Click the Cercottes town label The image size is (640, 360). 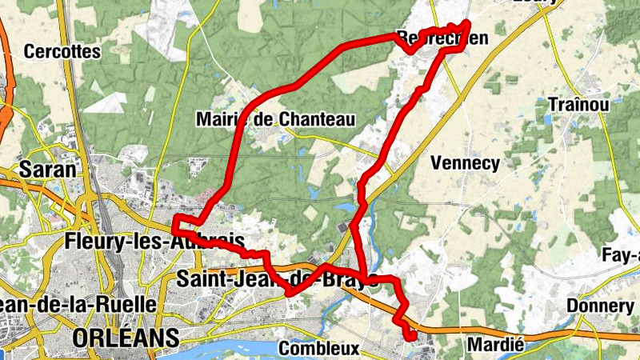click(x=62, y=52)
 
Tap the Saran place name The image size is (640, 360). click(x=47, y=169)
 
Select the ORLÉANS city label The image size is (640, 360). click(x=125, y=338)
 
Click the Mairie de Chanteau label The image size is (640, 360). click(x=274, y=119)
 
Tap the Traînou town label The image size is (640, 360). click(x=579, y=104)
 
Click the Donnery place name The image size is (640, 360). click(x=599, y=306)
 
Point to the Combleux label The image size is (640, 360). click(x=319, y=349)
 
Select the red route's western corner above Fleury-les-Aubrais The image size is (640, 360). click(x=174, y=219)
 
